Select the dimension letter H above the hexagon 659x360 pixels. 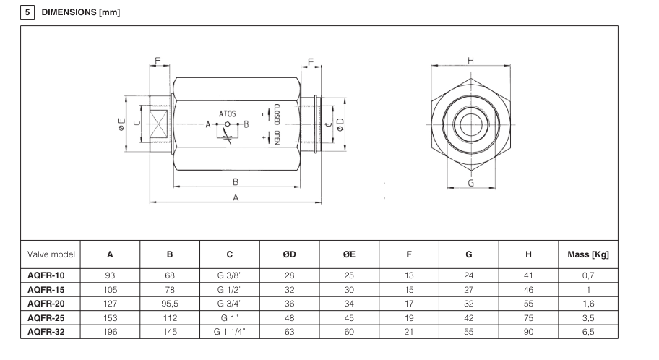point(470,61)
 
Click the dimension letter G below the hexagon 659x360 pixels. point(470,184)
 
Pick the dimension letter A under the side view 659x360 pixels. point(236,197)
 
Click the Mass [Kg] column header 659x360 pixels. point(587,254)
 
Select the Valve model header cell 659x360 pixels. point(49,254)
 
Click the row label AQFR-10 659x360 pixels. point(47,276)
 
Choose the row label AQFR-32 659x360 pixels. point(47,331)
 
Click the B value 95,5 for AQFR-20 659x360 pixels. point(170,304)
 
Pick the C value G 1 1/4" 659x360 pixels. point(230,331)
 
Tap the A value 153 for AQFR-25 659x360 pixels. point(110,317)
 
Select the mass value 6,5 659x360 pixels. point(587,331)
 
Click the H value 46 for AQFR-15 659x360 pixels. point(528,290)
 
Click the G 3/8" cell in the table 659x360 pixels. point(230,276)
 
